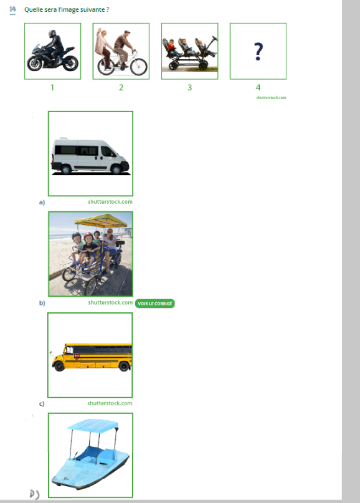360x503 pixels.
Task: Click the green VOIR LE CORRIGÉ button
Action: [x=155, y=304]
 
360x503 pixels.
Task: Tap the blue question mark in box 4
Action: [x=258, y=51]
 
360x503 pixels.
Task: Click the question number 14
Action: [x=12, y=9]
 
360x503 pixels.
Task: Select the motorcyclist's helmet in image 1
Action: [x=52, y=34]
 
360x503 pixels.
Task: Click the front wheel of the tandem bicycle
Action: [x=139, y=67]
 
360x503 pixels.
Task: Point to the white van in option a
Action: [x=90, y=156]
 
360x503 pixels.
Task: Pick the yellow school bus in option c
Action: [x=92, y=357]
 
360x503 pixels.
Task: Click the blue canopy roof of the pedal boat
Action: [x=93, y=425]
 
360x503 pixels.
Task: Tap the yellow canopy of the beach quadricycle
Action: [x=101, y=220]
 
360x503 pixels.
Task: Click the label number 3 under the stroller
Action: [x=190, y=87]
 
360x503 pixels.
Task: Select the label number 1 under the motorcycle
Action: [x=52, y=87]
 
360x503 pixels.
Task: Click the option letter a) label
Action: [x=42, y=202]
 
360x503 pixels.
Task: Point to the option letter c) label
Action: [x=42, y=403]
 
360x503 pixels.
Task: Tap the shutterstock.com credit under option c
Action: [x=110, y=403]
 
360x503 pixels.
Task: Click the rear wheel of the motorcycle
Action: [x=70, y=63]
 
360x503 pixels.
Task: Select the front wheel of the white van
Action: [x=116, y=169]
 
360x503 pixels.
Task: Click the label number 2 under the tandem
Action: [x=121, y=87]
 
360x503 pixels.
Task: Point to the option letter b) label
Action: [x=42, y=303]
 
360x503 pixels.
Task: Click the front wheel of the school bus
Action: [x=59, y=366]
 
